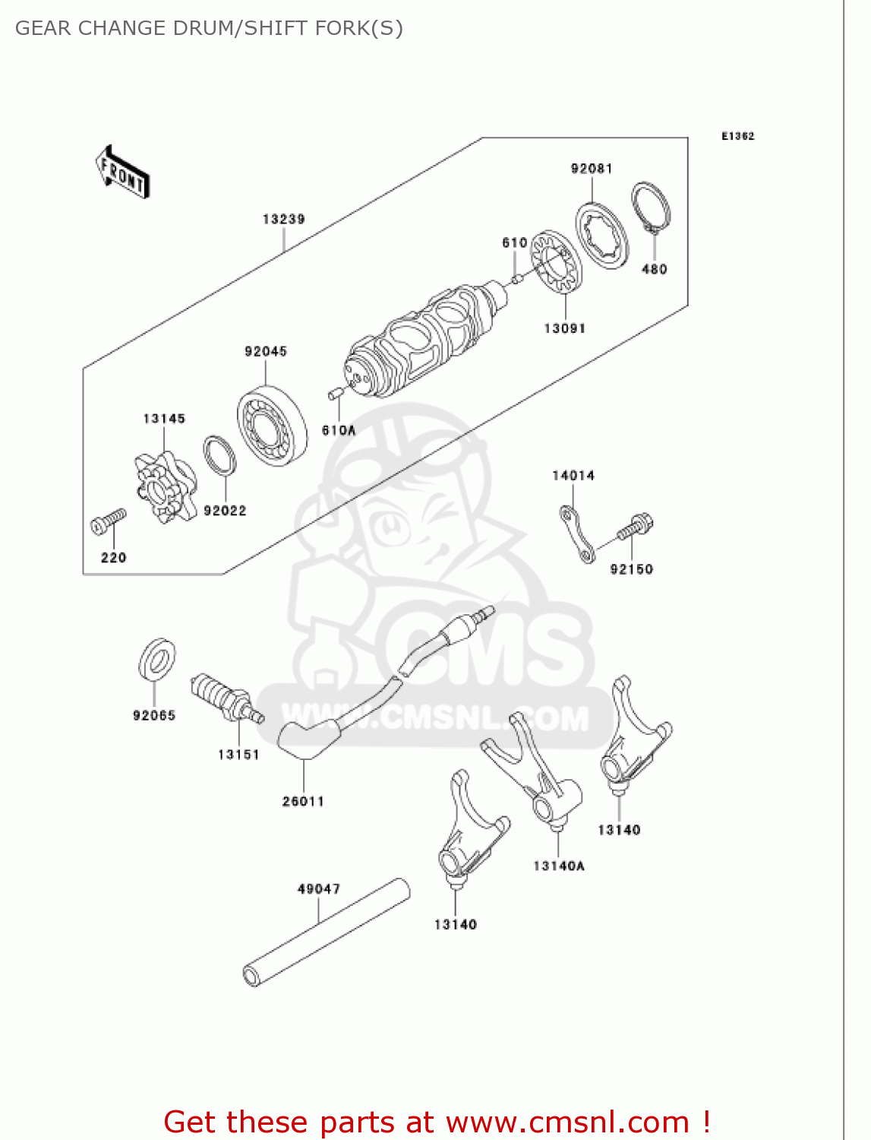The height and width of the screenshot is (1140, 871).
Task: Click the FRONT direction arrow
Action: pyautogui.click(x=122, y=172)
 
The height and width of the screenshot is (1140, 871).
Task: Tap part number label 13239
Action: pyautogui.click(x=283, y=219)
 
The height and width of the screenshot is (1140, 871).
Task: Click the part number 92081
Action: pyautogui.click(x=592, y=169)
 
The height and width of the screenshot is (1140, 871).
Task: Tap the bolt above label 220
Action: pyautogui.click(x=108, y=521)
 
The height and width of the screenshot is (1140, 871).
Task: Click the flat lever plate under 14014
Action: pyautogui.click(x=576, y=534)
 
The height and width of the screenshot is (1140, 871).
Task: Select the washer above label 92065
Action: pyautogui.click(x=157, y=659)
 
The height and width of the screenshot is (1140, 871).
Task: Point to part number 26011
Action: pyautogui.click(x=303, y=801)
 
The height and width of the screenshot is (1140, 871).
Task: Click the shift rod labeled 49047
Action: pyautogui.click(x=327, y=932)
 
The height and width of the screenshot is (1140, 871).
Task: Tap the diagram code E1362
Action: pyautogui.click(x=737, y=136)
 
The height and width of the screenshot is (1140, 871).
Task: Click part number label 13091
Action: pyautogui.click(x=564, y=328)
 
